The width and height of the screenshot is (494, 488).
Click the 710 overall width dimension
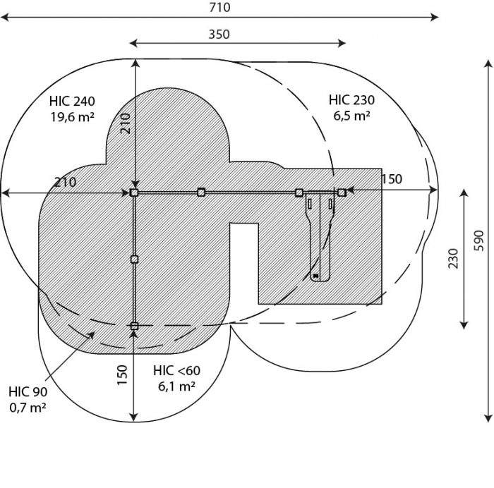click(x=219, y=7)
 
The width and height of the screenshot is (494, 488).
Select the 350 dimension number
click(x=219, y=35)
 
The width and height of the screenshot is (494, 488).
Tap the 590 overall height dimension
click(x=478, y=240)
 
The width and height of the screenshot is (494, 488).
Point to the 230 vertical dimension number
click(x=453, y=259)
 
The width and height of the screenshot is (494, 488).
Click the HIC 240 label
click(x=72, y=102)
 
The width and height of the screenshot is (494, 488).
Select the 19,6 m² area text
click(x=72, y=117)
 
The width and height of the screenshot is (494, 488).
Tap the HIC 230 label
click(x=351, y=100)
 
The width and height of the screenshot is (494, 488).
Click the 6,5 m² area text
click(x=351, y=116)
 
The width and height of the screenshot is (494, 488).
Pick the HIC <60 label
click(x=176, y=370)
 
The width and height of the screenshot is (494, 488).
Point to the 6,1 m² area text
click(x=176, y=386)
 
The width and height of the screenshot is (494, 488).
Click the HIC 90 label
click(x=28, y=392)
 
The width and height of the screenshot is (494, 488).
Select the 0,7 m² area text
click(x=28, y=408)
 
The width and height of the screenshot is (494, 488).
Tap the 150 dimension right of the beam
click(x=392, y=179)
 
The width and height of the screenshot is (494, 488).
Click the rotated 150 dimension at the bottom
click(x=122, y=374)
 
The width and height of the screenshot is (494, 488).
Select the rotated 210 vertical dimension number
click(x=126, y=123)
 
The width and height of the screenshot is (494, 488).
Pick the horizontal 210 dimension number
click(x=65, y=182)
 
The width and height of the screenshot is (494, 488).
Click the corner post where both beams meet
click(x=134, y=193)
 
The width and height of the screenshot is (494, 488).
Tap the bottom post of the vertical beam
click(x=134, y=326)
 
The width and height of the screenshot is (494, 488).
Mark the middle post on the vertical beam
click(x=135, y=260)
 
